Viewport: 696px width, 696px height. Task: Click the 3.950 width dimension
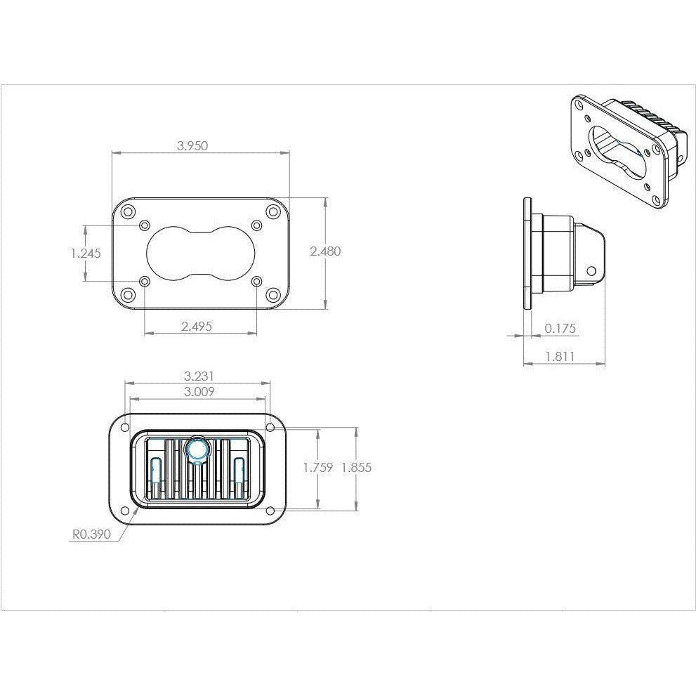tap(192, 146)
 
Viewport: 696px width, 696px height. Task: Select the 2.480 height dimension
tap(325, 251)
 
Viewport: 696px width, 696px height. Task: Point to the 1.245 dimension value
tap(86, 254)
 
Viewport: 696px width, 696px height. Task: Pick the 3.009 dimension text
tap(198, 392)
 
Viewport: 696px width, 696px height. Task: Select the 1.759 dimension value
tap(317, 468)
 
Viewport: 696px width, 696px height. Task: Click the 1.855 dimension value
tap(356, 468)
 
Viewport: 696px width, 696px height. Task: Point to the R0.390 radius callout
tap(91, 534)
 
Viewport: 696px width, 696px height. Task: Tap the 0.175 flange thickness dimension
tap(560, 328)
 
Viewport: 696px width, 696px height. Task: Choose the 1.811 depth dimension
tap(560, 356)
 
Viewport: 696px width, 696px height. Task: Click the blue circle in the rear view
tap(196, 449)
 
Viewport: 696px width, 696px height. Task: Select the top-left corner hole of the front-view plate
tap(128, 211)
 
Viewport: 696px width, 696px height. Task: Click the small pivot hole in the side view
tap(591, 270)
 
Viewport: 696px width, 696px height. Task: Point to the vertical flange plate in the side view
tap(527, 253)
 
